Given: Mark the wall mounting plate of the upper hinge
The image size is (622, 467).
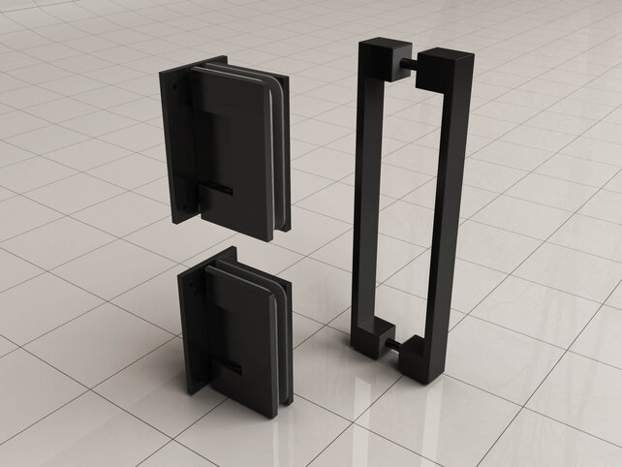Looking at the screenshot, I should point(179,145).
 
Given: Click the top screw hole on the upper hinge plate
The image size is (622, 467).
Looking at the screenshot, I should point(175,86).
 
